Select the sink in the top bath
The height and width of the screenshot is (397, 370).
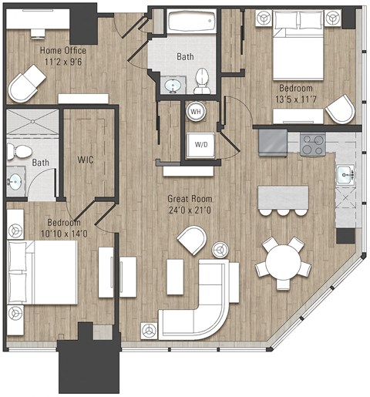(x=173, y=82)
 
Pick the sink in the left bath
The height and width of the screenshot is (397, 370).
(x=15, y=182)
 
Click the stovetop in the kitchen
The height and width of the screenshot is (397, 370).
(x=312, y=143)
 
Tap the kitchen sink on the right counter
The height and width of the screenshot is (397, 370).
(x=345, y=175)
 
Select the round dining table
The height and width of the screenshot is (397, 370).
(x=283, y=261)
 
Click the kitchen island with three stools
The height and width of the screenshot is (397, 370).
(x=283, y=197)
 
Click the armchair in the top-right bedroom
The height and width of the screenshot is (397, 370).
(x=339, y=110)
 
